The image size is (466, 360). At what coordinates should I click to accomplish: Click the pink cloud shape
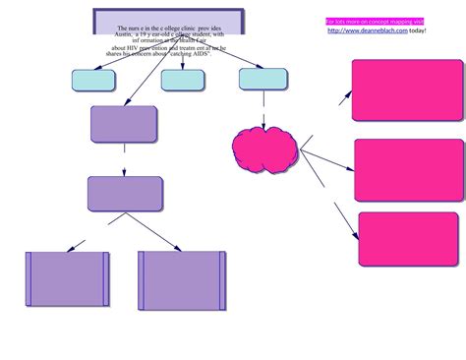pos(264,150)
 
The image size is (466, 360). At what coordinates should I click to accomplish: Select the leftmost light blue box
pos(93,81)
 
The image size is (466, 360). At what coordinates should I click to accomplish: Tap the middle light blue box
pos(183,81)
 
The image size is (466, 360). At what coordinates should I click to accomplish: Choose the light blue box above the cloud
pos(263,79)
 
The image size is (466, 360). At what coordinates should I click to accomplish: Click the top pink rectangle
pos(407,90)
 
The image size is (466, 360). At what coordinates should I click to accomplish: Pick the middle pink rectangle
pos(408,169)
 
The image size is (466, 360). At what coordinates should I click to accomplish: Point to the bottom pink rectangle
pos(407,239)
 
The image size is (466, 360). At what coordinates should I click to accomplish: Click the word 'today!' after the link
pos(418,30)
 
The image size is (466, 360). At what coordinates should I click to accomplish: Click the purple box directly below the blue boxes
pos(124,124)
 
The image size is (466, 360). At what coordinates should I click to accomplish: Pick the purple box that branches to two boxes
pos(125,194)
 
